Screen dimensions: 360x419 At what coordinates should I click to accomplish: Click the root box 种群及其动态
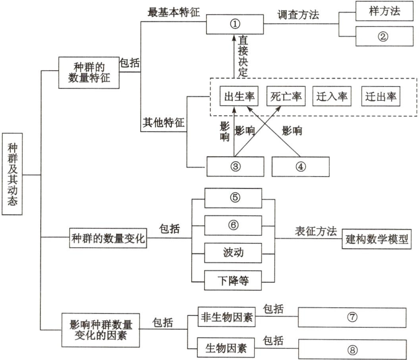tap(13, 174)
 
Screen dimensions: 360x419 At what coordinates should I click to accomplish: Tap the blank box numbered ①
tap(235, 24)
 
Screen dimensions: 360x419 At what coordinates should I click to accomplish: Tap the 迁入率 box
tap(332, 97)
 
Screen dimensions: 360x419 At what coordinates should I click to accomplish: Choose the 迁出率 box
tap(381, 97)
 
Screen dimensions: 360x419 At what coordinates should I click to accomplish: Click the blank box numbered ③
tap(235, 166)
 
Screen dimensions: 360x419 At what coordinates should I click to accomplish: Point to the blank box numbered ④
tap(300, 166)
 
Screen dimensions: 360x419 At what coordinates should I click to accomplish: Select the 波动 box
tap(233, 253)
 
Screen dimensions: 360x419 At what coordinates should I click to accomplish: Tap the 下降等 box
tap(233, 281)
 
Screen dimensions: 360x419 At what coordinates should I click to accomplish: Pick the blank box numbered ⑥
tap(233, 225)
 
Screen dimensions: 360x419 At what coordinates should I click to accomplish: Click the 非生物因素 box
tap(227, 318)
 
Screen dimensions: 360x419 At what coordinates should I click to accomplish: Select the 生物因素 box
tap(227, 348)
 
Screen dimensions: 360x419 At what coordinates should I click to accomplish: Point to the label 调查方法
tap(298, 15)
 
